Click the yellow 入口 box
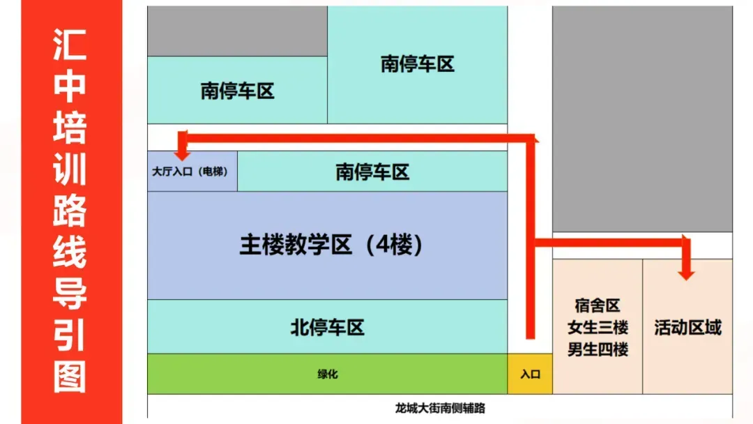(530, 374)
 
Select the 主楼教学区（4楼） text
(332, 245)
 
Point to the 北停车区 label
(327, 327)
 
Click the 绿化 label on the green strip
(327, 374)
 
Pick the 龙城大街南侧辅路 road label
(439, 408)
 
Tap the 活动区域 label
(687, 328)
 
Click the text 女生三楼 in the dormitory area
(598, 328)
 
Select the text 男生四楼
(598, 349)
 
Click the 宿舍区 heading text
(598, 306)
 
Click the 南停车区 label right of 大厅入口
(372, 172)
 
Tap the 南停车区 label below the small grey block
(237, 91)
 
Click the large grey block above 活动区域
(642, 119)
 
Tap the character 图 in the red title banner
(70, 377)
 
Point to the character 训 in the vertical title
(70, 170)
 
